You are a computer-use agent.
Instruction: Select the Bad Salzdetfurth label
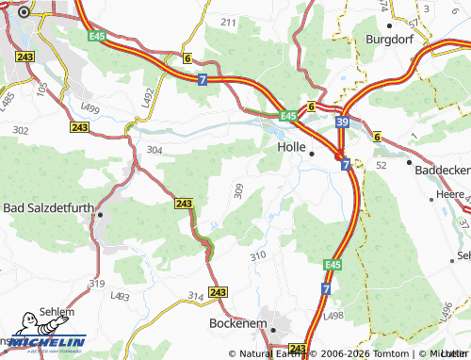click(x=48, y=207)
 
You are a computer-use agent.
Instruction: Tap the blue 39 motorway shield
click(x=343, y=123)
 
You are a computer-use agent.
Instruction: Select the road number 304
click(x=154, y=150)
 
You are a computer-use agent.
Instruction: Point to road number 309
click(x=238, y=191)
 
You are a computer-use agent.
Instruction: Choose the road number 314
click(x=195, y=296)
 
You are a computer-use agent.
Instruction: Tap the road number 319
click(x=96, y=283)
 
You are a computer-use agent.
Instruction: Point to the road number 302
click(x=21, y=130)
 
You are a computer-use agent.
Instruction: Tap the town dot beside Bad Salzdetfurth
click(x=99, y=215)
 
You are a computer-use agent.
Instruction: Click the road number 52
click(x=382, y=165)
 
